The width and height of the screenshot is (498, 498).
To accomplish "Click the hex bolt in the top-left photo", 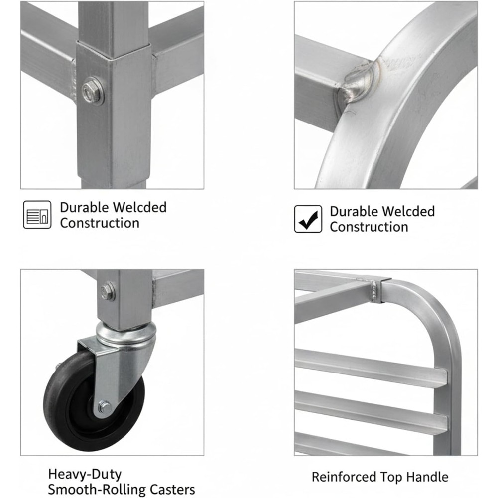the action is [x=92, y=92].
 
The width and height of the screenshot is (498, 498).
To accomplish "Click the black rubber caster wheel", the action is [x=93, y=401].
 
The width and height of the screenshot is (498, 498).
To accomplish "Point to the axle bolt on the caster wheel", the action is [x=104, y=407].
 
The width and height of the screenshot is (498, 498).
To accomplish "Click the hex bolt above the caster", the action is [x=108, y=291].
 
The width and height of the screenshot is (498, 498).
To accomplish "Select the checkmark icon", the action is [x=308, y=219].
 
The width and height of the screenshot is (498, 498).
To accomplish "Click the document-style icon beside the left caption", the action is [x=37, y=214].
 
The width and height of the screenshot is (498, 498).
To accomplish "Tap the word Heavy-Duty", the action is [x=85, y=474].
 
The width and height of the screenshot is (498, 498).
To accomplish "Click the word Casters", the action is [x=172, y=489].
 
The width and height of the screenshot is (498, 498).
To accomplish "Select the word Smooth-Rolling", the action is [x=97, y=490].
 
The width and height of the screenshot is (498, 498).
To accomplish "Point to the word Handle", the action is [x=427, y=477].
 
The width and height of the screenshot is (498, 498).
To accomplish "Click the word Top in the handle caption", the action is [x=390, y=478].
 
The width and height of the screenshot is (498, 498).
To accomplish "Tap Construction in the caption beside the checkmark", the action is [x=369, y=227].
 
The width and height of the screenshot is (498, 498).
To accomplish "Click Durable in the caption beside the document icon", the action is [x=84, y=207].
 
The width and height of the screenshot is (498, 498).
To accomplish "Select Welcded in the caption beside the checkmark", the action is [x=408, y=211].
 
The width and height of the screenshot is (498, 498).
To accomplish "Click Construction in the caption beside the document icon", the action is [x=100, y=223].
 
